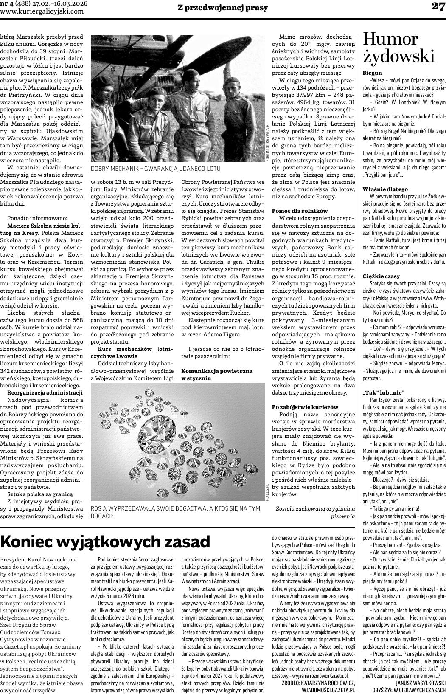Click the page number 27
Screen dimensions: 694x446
[x=438, y=6]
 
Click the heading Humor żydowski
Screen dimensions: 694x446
[x=399, y=48]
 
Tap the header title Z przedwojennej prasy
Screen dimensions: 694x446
[x=222, y=6]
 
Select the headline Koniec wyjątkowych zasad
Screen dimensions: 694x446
[x=106, y=542]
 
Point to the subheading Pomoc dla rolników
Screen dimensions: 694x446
[x=300, y=211]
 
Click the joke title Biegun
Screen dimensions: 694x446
[x=372, y=73]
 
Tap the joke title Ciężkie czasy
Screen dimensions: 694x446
[x=381, y=276]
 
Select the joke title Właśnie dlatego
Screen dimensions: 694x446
[x=385, y=189]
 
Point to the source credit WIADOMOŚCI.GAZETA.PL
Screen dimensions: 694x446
[x=328, y=690]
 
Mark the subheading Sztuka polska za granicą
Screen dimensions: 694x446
[x=40, y=494]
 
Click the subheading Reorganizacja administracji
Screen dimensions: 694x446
[x=45, y=392]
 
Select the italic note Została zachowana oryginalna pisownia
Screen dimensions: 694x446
[x=315, y=512]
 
